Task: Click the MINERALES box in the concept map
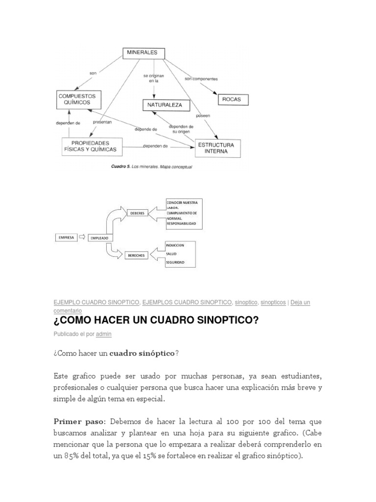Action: [143, 53]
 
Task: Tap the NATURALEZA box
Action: [162, 105]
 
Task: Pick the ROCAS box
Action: [232, 100]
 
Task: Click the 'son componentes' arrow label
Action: [201, 78]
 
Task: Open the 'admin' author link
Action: [103, 334]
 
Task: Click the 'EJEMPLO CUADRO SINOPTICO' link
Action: [96, 302]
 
